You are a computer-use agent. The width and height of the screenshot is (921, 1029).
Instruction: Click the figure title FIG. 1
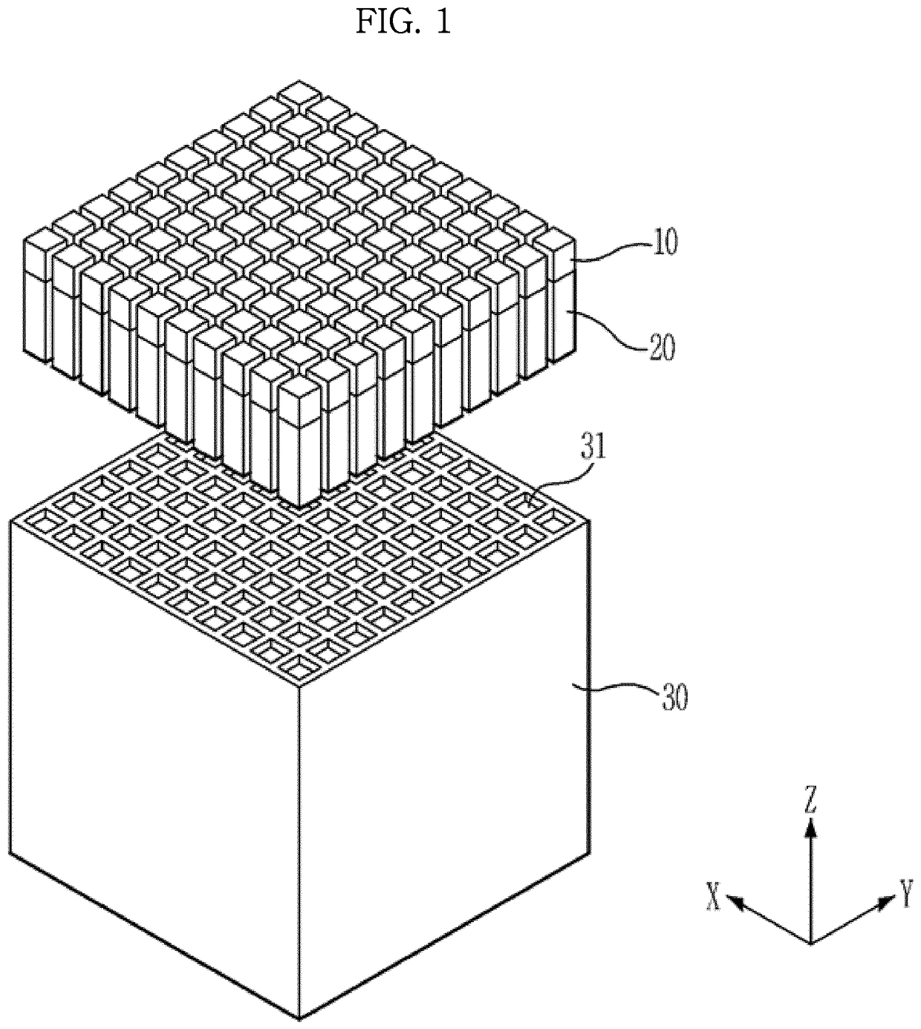403,22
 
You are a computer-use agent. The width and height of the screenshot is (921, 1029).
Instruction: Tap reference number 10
665,243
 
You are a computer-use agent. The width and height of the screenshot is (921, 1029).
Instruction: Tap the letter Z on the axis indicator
811,802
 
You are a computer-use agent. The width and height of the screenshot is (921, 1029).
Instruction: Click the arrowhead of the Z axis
811,826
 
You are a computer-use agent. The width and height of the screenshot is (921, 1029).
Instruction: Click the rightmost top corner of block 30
590,521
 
